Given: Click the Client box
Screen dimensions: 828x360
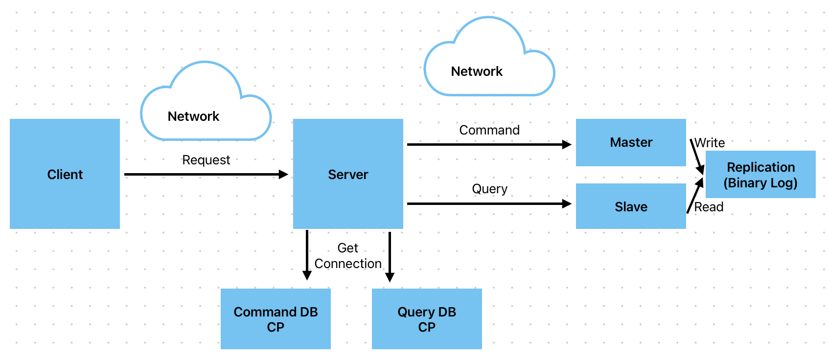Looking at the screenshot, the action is [x=65, y=174].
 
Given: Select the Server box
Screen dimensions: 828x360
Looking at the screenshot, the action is [x=348, y=174].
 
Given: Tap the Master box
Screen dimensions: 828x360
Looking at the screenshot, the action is [x=631, y=142].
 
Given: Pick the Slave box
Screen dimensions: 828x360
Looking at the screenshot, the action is [x=631, y=206].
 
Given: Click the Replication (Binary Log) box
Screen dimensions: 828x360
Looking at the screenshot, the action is [x=760, y=174].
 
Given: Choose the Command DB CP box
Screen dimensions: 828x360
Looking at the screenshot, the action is [x=276, y=318].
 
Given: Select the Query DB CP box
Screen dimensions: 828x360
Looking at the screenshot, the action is [x=427, y=318].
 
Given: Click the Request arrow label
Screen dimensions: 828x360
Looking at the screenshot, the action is [x=206, y=160].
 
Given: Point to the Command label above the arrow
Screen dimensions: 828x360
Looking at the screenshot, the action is [x=489, y=130].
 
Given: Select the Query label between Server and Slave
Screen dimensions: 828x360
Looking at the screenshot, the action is [x=489, y=189].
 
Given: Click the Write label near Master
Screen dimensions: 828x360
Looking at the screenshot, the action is [x=710, y=143].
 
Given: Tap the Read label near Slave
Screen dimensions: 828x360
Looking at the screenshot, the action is [x=709, y=207].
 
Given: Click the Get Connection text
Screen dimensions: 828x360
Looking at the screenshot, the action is [x=348, y=255].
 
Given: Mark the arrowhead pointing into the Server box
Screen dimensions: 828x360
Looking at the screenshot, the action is [x=283, y=174].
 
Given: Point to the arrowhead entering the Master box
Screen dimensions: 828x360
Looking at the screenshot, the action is [x=567, y=144].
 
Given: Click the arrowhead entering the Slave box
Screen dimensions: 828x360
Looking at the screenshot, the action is [x=567, y=203].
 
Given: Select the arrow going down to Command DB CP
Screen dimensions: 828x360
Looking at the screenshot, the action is [x=307, y=255].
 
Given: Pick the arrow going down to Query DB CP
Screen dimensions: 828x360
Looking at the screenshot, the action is [x=390, y=257].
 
